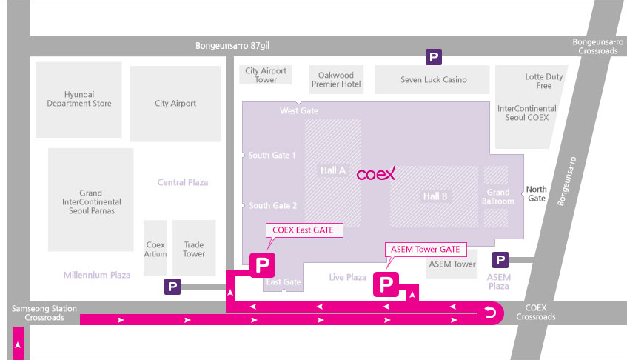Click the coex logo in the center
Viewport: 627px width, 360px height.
tap(376, 174)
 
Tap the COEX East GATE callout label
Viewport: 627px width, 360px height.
tap(304, 230)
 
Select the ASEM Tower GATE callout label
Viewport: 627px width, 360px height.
tap(426, 250)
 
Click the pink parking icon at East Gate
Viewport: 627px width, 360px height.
tap(262, 264)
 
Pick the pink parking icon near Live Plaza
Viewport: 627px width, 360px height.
tap(386, 284)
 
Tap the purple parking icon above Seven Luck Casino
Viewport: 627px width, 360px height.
tap(434, 57)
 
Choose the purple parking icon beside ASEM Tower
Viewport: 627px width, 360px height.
tap(500, 260)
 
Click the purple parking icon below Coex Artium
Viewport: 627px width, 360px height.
tap(172, 287)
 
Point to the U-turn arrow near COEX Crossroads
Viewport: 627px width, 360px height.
tap(490, 312)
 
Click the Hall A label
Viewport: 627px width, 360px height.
tap(332, 171)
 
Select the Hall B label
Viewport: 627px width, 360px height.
tap(435, 196)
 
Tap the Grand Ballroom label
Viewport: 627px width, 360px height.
tap(498, 197)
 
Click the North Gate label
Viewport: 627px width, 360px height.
tap(536, 193)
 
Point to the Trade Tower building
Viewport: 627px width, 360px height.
tap(194, 247)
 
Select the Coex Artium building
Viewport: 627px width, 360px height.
tap(155, 247)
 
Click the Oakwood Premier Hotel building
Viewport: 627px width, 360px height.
tap(336, 79)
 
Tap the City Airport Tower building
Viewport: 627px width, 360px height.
tap(266, 75)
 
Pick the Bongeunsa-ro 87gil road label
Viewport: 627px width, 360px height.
tap(232, 46)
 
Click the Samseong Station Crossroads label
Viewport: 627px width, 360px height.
tap(44, 313)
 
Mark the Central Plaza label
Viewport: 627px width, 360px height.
tap(183, 182)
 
